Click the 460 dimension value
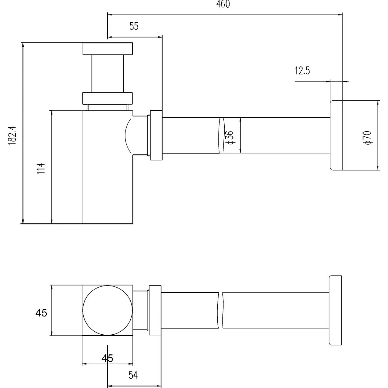[223, 5]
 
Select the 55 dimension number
[134, 26]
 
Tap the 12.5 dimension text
[302, 71]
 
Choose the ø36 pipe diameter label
[230, 137]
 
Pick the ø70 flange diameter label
[367, 138]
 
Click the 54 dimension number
[133, 375]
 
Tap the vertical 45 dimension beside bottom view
[41, 313]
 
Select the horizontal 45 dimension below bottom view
[107, 358]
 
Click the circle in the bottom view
[108, 310]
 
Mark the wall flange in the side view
[336, 135]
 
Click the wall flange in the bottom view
[335, 310]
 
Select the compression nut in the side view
[156, 135]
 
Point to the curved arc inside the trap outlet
[127, 135]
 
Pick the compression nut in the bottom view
[155, 310]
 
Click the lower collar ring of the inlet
[108, 98]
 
